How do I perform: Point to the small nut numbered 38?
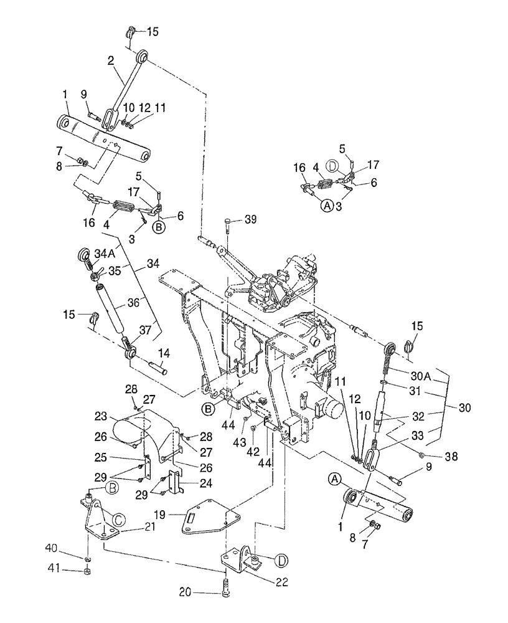point(423,455)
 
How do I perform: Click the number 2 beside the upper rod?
point(110,60)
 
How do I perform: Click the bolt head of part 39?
point(228,221)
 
